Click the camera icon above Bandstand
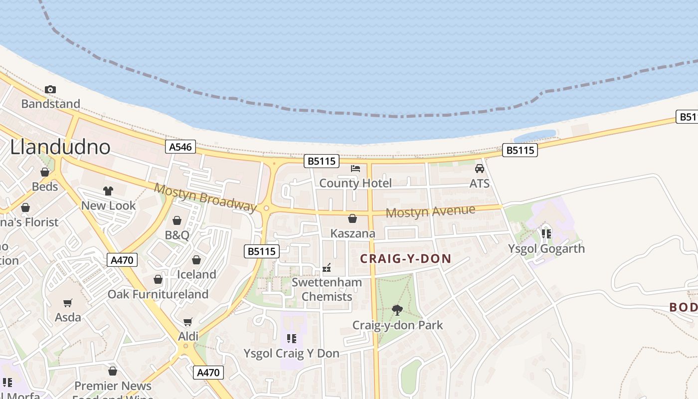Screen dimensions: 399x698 (50, 90)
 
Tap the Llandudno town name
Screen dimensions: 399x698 (60, 147)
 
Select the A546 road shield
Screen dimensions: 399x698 (180, 147)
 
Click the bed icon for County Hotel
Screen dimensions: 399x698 (355, 169)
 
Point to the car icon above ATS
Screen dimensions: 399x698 (479, 169)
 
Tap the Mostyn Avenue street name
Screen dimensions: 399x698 (430, 211)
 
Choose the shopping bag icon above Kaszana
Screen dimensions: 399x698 (352, 218)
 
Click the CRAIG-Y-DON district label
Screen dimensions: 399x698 (405, 259)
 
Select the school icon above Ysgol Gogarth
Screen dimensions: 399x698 (546, 233)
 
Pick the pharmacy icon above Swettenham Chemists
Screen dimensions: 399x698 (327, 268)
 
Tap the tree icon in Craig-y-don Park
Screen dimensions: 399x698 (397, 310)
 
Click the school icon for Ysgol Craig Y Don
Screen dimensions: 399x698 (291, 339)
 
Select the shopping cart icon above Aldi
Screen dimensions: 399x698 (188, 322)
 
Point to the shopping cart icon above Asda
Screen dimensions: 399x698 (68, 303)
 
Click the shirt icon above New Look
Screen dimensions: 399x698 (108, 191)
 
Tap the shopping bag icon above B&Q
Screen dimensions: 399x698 (177, 220)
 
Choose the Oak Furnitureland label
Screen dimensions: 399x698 (158, 294)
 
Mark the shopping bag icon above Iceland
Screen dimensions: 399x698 (196, 260)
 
